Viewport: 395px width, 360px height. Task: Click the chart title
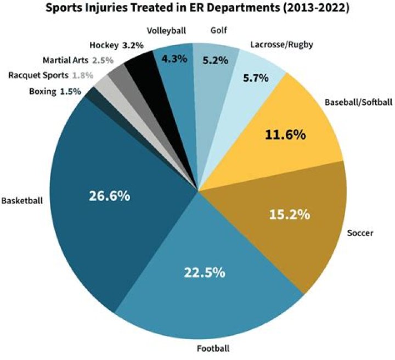198,9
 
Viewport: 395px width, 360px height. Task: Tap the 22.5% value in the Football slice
204,272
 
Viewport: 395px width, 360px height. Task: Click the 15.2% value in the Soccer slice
290,214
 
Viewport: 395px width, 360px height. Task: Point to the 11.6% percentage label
284,134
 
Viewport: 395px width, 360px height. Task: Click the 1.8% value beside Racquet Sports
83,75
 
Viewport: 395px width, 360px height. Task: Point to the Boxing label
42,92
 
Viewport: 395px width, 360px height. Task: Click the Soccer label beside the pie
360,233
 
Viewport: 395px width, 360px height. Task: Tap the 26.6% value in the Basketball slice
109,196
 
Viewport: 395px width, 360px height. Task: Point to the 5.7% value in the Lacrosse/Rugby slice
256,78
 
